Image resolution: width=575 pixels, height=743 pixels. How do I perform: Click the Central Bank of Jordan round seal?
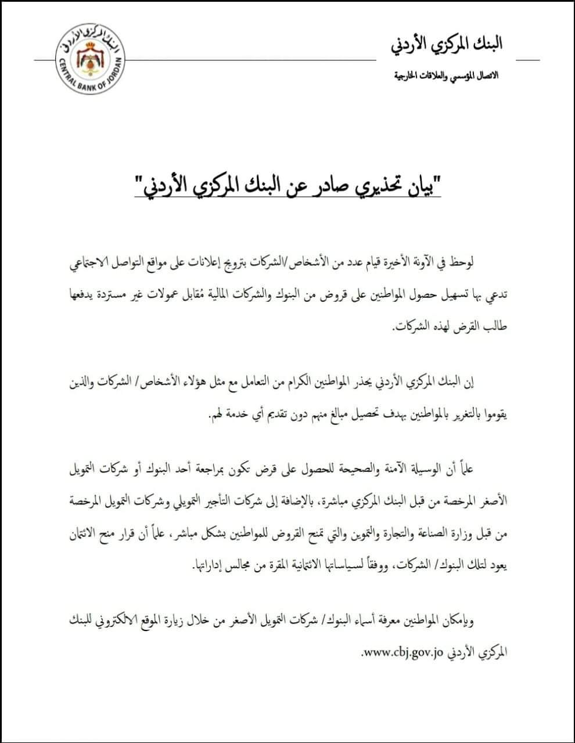(x=89, y=58)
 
